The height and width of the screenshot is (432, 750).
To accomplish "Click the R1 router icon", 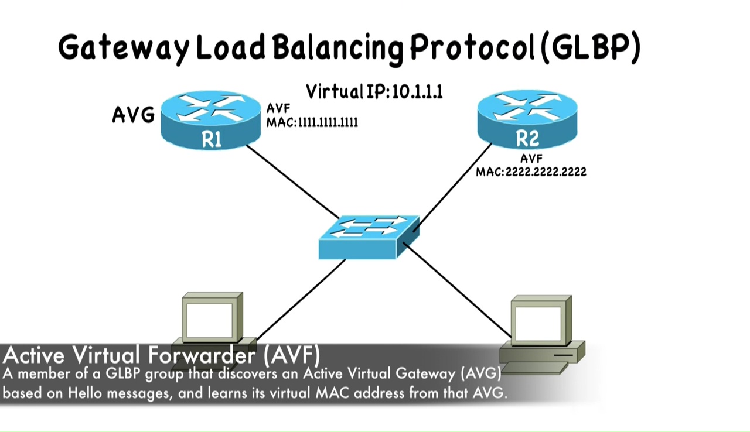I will (211, 121).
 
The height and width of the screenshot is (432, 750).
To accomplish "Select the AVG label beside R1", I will (133, 115).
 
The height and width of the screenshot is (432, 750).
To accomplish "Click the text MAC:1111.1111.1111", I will (312, 122).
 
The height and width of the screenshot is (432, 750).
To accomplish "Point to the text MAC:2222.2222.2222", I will (531, 172).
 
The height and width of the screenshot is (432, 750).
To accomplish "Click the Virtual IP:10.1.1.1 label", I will (374, 91).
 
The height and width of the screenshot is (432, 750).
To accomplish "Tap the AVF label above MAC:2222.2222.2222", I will (531, 159).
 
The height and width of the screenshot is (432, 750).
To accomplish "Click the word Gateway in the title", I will (124, 48).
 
